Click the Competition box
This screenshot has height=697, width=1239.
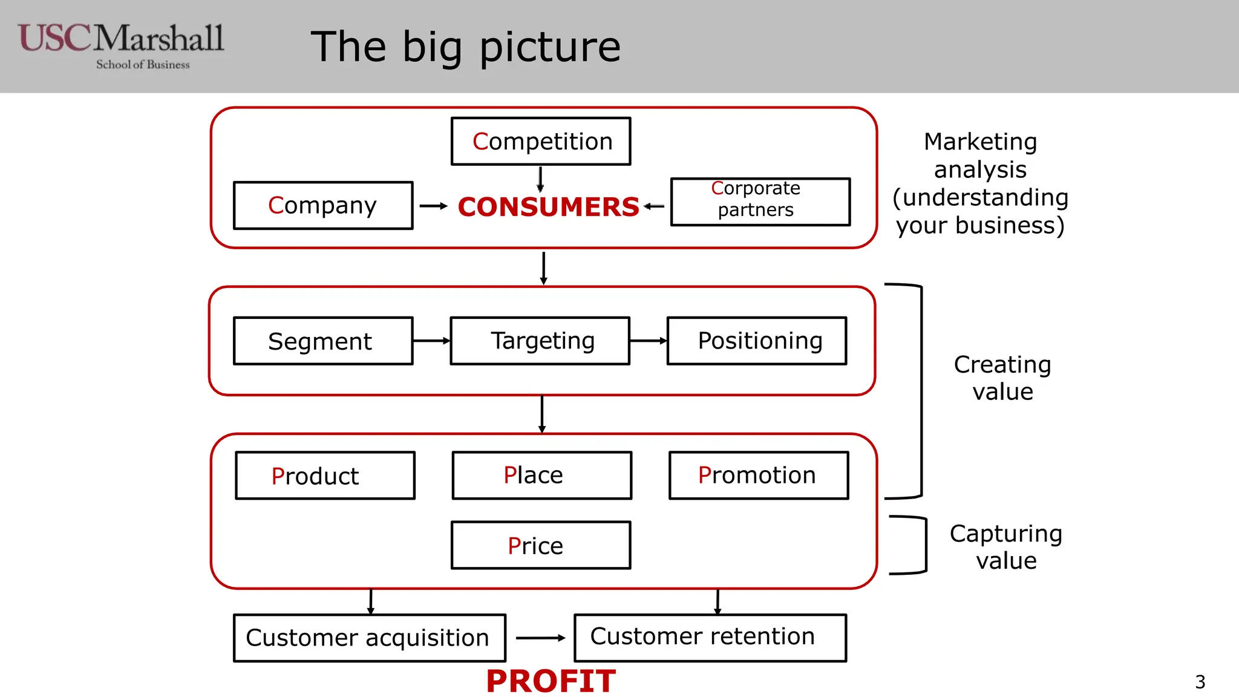pos(541,142)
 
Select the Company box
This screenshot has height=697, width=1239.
pos(323,206)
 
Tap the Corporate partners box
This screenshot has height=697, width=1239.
pos(760,202)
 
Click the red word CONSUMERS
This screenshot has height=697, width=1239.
pos(548,207)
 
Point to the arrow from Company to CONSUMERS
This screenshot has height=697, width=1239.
pos(433,206)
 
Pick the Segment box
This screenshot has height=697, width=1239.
pos(323,341)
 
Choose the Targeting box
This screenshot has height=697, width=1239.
pos(540,341)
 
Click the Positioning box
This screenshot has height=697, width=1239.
pos(757,341)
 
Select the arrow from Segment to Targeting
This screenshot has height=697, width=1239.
pos(431,341)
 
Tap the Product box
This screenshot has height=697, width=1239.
pos(325,476)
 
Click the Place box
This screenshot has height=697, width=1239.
pos(541,476)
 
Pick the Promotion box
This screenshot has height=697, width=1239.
pos(759,476)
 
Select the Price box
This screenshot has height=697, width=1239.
pos(541,546)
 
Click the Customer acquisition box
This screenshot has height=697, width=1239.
pos(369,638)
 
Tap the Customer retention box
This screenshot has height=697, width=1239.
pos(710,638)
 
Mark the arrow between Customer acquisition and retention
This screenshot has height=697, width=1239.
pos(540,638)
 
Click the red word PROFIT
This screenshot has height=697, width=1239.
pos(551,681)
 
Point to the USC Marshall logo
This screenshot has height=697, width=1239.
pos(121,46)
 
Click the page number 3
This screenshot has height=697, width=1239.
pos(1200,682)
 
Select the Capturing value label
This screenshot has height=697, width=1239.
pos(1005,547)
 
